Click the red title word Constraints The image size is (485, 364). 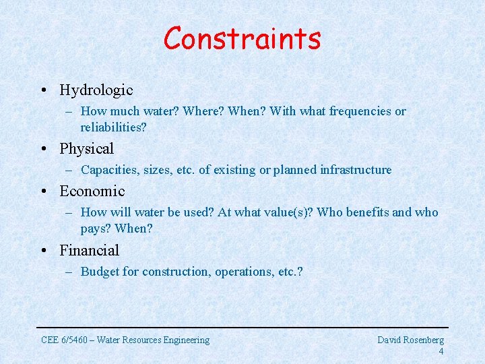click(242, 39)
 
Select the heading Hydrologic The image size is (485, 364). click(96, 90)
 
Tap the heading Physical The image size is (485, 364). click(86, 148)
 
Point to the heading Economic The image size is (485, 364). click(92, 191)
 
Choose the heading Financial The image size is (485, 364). click(89, 250)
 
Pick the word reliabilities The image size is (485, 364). click(113, 127)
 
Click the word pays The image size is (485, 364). click(95, 229)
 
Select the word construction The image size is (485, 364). click(167, 272)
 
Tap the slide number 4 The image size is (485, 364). click(441, 351)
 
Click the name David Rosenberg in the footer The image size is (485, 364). click(410, 340)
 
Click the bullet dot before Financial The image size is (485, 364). click(43, 251)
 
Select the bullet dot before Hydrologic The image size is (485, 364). click(43, 90)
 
